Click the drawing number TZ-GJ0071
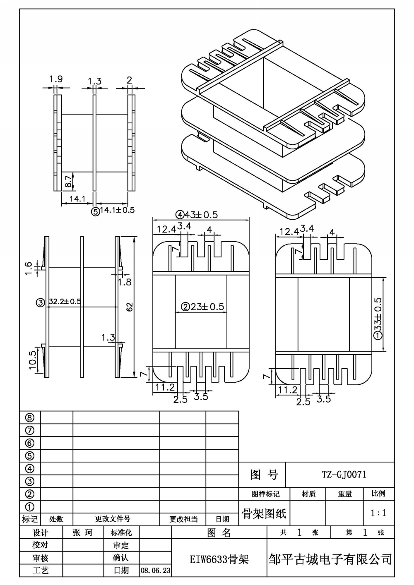[344, 474]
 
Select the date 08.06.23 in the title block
[156, 571]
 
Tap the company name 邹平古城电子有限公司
[330, 559]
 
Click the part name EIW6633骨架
[219, 559]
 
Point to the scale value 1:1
[378, 513]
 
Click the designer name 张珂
[82, 532]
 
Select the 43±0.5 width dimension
[201, 215]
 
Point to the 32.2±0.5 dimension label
[65, 302]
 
